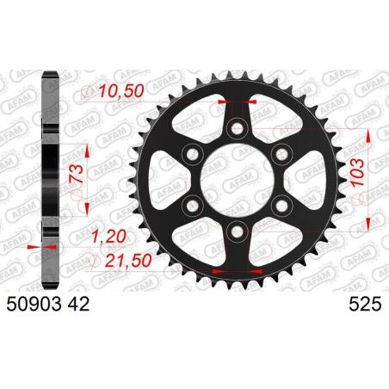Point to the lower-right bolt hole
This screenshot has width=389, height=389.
[278, 204]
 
